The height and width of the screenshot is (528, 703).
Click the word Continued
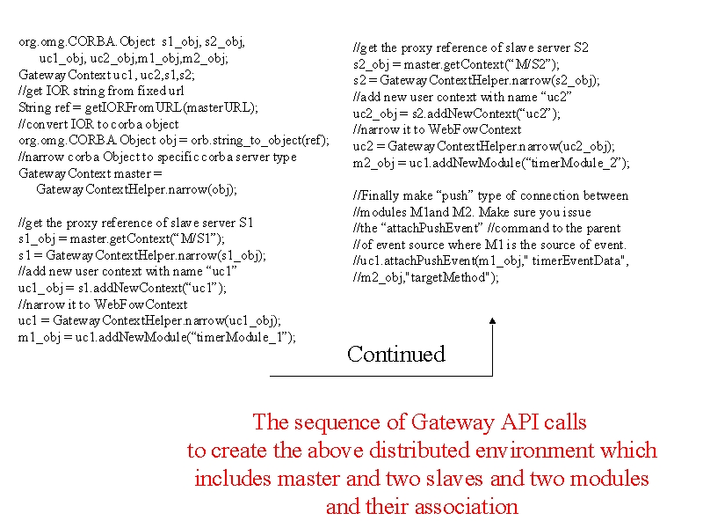click(x=396, y=354)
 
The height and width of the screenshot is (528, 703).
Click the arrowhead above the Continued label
click(x=492, y=320)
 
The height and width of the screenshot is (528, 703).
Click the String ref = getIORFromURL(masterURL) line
click(x=138, y=107)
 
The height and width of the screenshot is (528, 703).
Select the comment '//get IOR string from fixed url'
click(x=101, y=92)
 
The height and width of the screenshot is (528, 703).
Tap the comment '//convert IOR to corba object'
click(x=98, y=124)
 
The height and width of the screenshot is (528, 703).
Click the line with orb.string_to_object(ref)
click(x=174, y=141)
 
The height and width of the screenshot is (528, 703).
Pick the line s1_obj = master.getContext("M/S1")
click(x=121, y=238)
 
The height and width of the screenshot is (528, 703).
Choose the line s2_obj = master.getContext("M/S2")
click(x=456, y=64)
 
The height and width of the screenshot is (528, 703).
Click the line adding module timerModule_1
click(x=157, y=337)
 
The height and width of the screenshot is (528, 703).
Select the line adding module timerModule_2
click(x=491, y=163)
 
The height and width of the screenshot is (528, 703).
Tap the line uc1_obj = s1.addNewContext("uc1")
click(x=122, y=288)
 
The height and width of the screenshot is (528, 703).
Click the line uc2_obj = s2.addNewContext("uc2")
click(x=456, y=114)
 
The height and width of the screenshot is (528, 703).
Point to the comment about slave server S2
click(x=471, y=48)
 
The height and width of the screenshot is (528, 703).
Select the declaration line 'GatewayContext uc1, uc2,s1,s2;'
click(x=106, y=75)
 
